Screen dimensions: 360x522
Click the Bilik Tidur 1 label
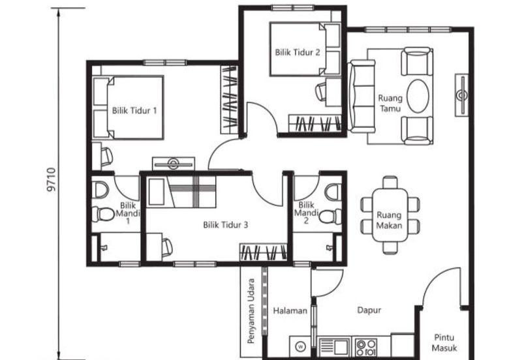point(134,110)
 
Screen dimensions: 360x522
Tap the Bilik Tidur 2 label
point(297,53)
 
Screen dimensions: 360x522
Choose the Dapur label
point(369,311)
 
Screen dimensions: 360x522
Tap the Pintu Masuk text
point(445,343)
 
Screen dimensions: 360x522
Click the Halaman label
point(290,311)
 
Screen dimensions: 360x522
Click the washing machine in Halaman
point(300,346)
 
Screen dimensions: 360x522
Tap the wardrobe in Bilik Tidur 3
point(263,252)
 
